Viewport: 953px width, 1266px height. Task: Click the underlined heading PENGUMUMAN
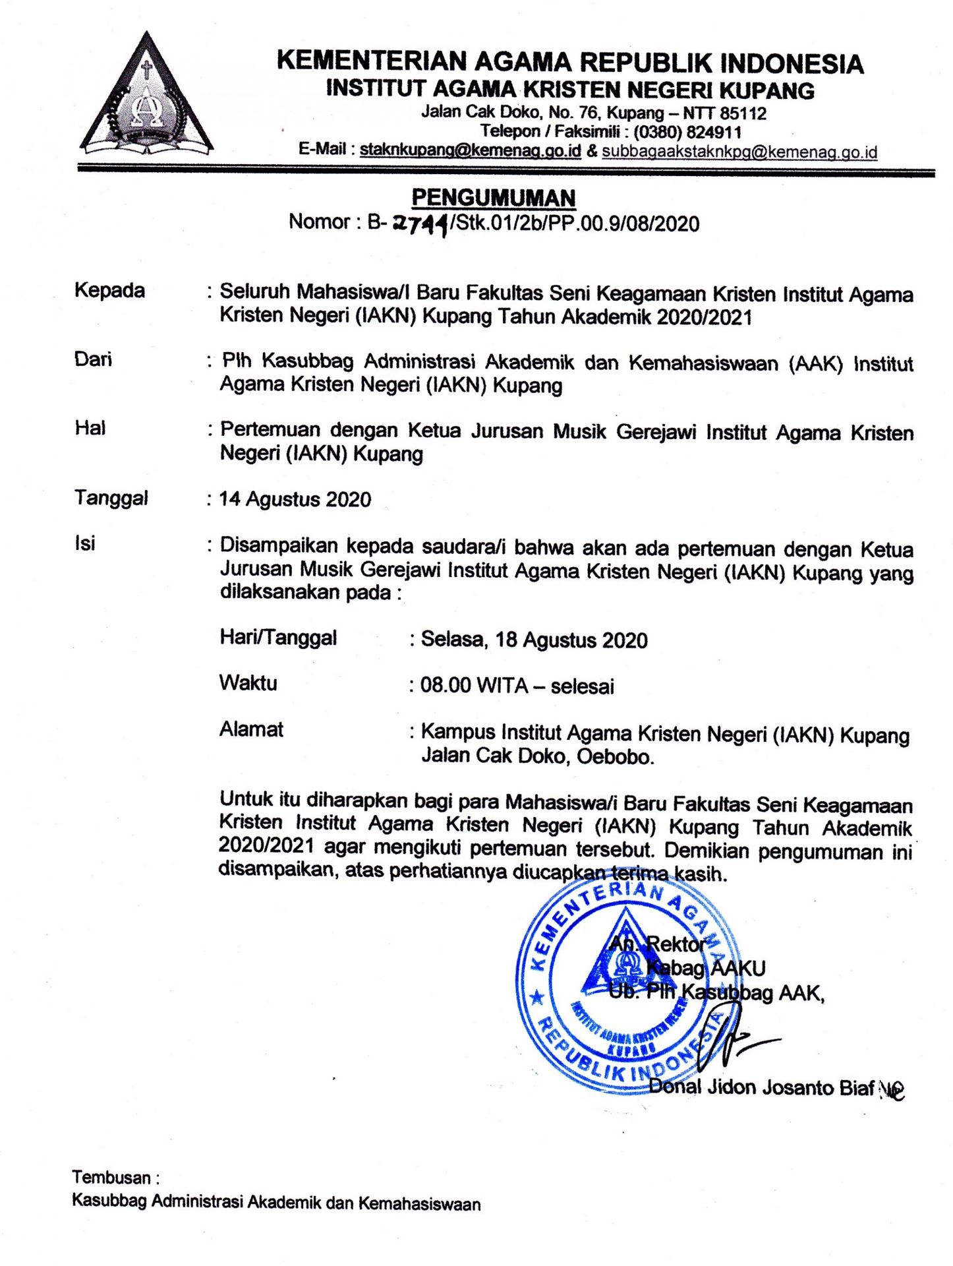[494, 198]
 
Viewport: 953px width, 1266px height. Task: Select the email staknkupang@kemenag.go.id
[470, 150]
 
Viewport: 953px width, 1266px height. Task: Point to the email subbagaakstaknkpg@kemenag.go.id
[739, 152]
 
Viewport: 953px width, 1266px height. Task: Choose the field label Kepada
[109, 291]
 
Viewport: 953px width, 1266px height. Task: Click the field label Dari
[93, 359]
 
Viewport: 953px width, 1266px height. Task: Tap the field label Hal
[90, 428]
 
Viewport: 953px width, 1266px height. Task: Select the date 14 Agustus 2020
[295, 499]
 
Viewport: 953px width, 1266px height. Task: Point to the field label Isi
[84, 543]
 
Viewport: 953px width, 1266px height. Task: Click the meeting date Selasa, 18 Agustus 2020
[534, 640]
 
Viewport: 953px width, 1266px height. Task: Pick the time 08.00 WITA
[474, 686]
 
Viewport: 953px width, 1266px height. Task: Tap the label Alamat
[251, 729]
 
